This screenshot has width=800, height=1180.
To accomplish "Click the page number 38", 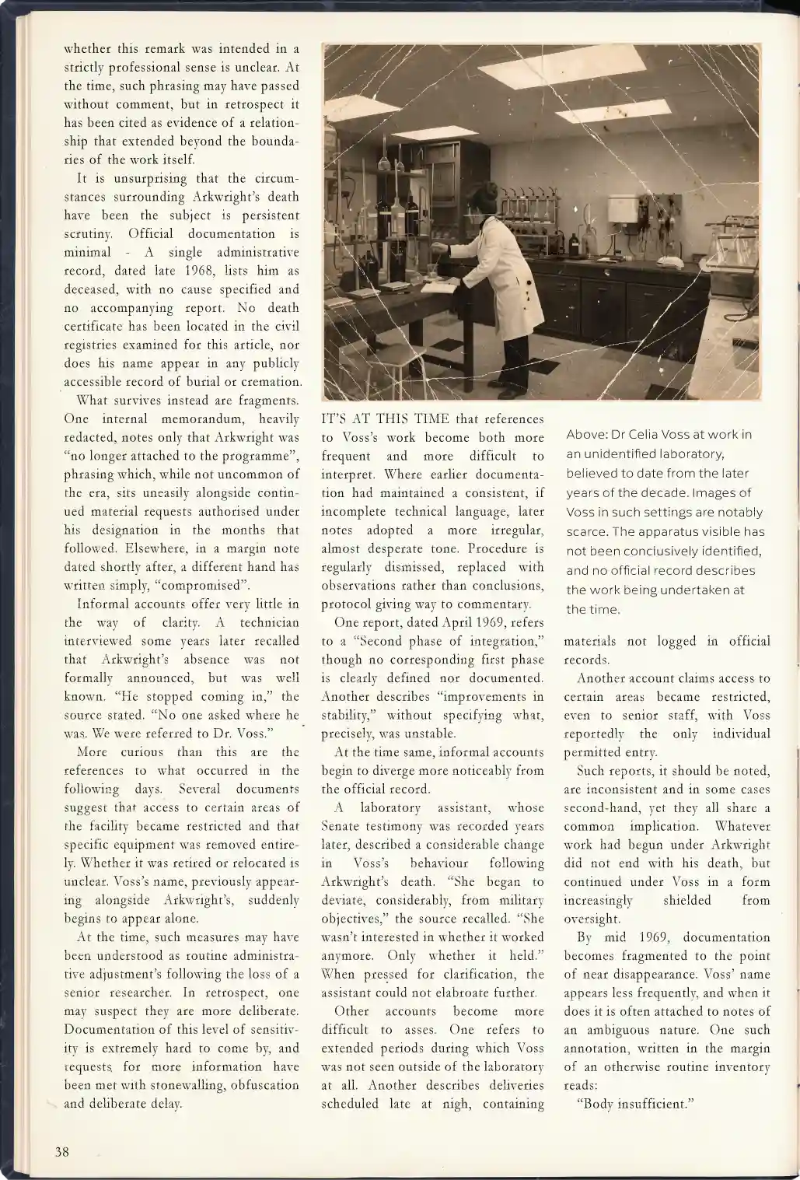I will tap(62, 1151).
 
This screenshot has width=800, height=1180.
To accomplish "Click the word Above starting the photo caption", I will tap(584, 435).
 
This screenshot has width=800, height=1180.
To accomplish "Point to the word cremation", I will tap(269, 382).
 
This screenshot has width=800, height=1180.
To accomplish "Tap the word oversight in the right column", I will tap(589, 919).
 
